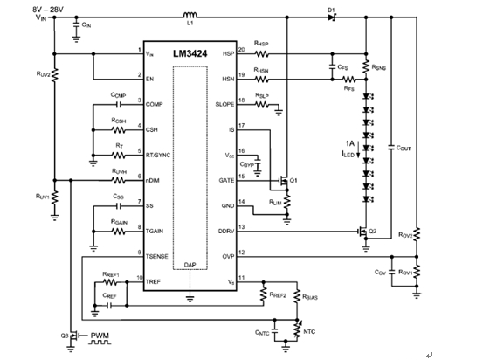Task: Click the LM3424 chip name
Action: point(190,53)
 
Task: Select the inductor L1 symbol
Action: point(189,16)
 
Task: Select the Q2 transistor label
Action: point(373,232)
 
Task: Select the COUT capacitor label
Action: point(404,149)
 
